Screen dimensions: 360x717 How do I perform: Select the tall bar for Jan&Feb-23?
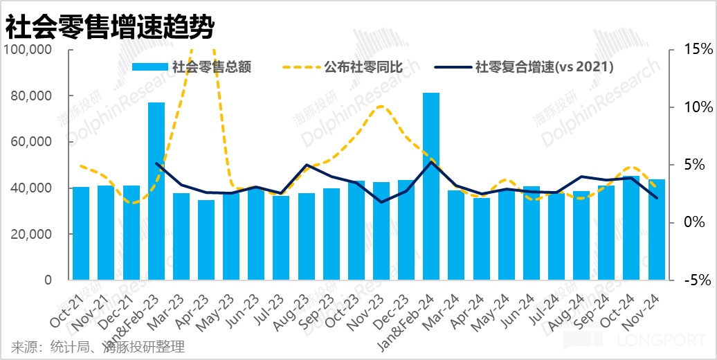pos(156,191)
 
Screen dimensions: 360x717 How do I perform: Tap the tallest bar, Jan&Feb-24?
pos(430,187)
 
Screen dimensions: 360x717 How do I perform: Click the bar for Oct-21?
pos(81,233)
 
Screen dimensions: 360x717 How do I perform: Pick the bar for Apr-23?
pos(206,240)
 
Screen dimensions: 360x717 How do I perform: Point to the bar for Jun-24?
pos(531,233)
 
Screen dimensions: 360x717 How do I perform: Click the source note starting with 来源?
pos(98,347)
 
